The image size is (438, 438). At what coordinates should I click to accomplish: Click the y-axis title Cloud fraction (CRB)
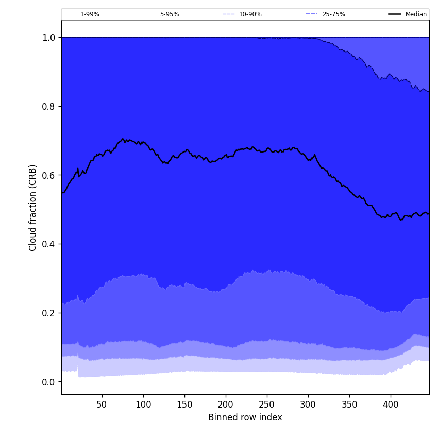tap(33, 208)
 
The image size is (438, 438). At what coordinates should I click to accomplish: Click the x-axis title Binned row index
tap(245, 417)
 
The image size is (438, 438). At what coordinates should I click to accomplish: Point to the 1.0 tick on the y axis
tap(49, 38)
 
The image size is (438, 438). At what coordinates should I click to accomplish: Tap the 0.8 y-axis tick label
tap(49, 107)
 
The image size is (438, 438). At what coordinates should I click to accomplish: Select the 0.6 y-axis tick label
tap(49, 175)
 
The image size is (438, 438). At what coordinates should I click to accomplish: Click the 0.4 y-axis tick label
tap(49, 244)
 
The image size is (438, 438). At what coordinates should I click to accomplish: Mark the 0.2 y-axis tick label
tap(49, 313)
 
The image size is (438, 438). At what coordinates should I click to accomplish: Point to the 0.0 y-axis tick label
tap(49, 382)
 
